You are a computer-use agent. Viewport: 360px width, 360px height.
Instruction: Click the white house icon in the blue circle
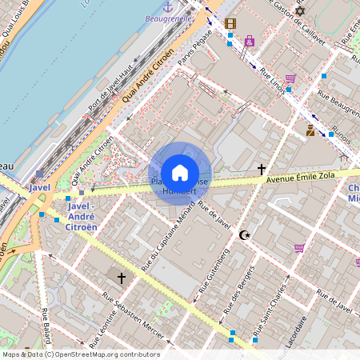click(x=180, y=173)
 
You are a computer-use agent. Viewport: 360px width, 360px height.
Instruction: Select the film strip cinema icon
click(x=230, y=23)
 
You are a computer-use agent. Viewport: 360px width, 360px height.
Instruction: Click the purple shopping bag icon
click(x=250, y=40)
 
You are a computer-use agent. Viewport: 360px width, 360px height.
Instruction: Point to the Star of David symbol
click(x=300, y=10)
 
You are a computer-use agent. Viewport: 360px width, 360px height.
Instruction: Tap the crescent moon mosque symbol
click(x=244, y=234)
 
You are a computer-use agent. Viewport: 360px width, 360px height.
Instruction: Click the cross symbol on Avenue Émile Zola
click(x=262, y=169)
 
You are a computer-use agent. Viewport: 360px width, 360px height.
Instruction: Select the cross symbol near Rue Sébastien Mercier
click(x=122, y=278)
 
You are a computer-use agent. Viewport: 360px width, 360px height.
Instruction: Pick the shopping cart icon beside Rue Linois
click(x=290, y=78)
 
